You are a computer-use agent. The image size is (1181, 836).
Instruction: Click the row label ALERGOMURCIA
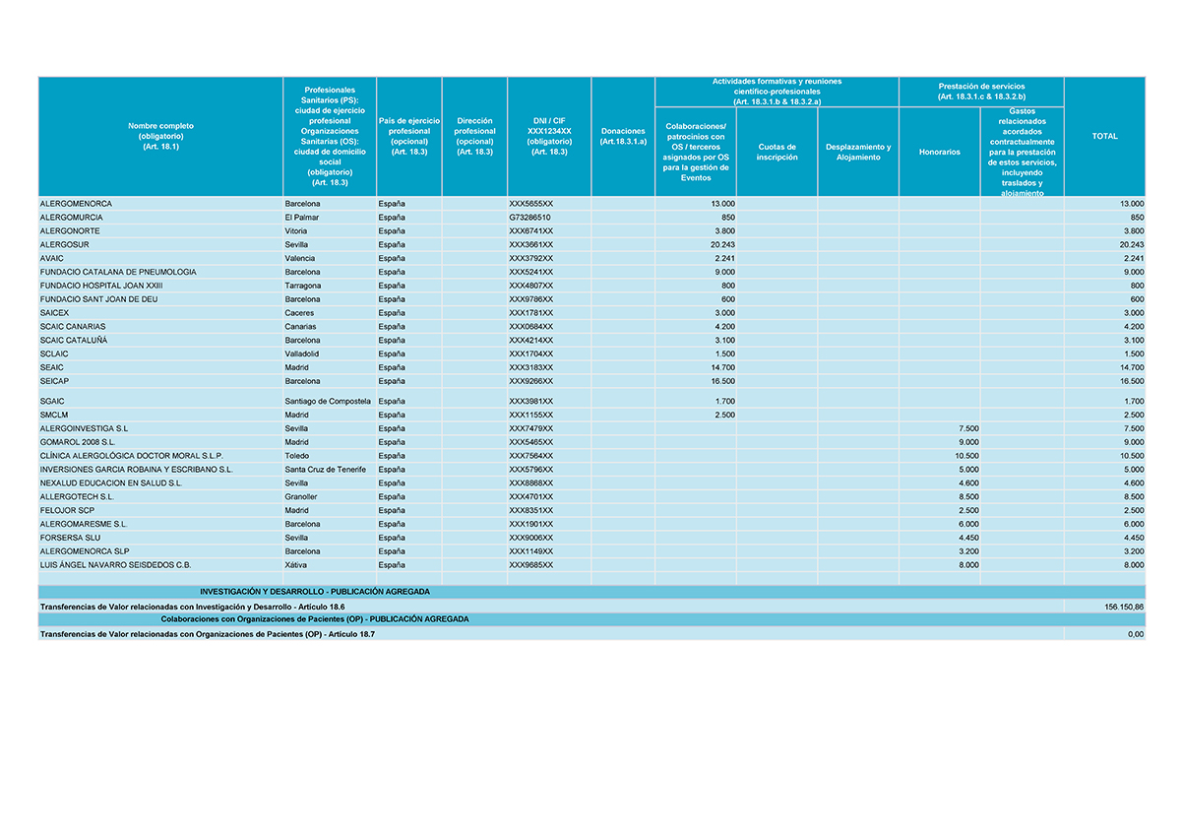tap(71, 217)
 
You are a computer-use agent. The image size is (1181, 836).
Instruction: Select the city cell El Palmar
tap(301, 217)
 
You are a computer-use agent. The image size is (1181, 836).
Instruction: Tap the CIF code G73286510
tap(529, 217)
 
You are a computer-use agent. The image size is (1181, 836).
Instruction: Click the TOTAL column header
tap(1104, 136)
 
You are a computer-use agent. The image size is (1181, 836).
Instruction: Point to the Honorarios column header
tap(939, 152)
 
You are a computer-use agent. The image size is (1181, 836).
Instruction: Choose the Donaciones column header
tap(622, 136)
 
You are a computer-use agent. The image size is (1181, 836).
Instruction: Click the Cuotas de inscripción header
tap(777, 152)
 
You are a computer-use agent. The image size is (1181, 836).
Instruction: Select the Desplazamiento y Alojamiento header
tap(857, 152)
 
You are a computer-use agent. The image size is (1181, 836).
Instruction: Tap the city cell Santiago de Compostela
tap(327, 402)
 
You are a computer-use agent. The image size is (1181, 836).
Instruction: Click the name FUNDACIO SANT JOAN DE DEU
tap(98, 299)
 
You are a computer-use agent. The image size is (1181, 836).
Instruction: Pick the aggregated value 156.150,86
tap(1124, 608)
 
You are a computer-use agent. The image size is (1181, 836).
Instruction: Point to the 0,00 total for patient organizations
tap(1135, 635)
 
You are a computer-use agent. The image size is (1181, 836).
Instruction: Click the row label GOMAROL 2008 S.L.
tap(78, 443)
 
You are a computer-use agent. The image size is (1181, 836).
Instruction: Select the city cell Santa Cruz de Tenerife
tap(325, 470)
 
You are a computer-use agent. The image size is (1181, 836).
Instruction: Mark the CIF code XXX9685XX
tap(530, 565)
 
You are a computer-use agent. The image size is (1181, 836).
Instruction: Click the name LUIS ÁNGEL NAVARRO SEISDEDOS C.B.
tap(115, 565)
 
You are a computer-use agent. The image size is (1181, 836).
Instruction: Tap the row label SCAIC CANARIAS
tap(73, 326)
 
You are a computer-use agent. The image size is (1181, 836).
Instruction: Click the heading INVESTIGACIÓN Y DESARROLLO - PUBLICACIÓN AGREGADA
tap(314, 592)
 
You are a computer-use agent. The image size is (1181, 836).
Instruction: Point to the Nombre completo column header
tap(160, 136)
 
